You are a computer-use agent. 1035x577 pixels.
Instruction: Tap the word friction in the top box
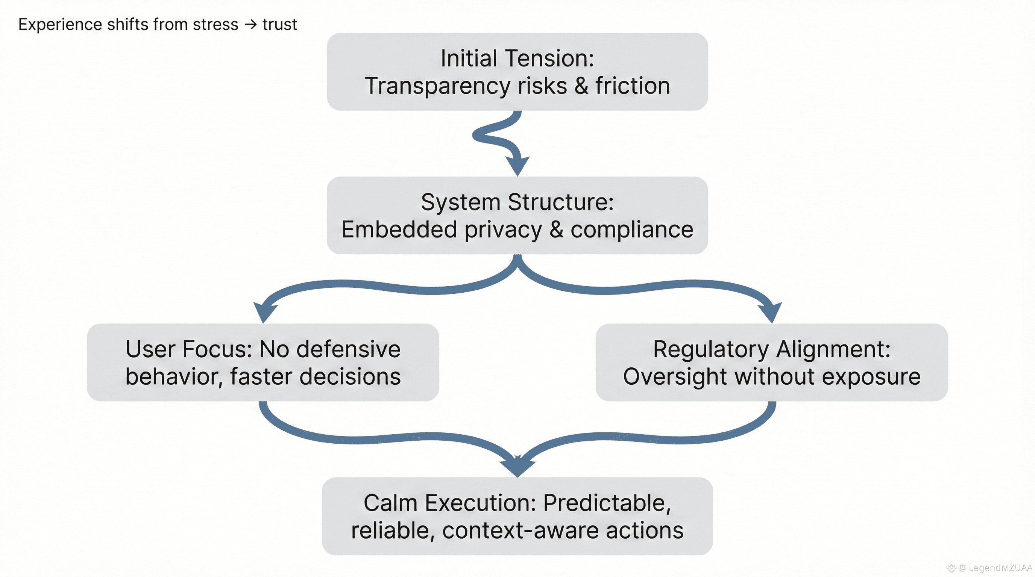(633, 86)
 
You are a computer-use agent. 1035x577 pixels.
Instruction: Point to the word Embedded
(399, 230)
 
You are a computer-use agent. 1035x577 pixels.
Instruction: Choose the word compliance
(632, 230)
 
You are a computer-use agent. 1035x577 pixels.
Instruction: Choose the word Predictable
(607, 503)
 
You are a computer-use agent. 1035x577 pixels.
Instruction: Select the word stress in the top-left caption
(215, 24)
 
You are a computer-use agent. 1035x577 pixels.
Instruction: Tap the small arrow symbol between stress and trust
(250, 24)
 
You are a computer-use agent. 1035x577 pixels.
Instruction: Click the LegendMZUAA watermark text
(1000, 568)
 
